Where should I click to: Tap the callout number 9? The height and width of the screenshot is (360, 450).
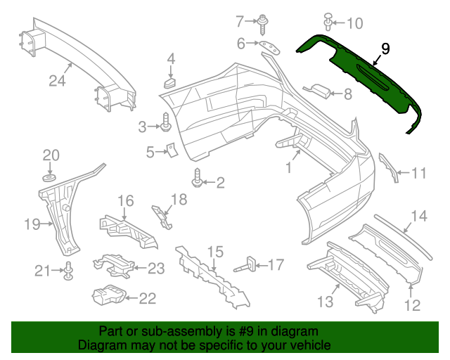(x=385, y=49)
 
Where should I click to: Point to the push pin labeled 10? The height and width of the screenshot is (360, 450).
(x=328, y=22)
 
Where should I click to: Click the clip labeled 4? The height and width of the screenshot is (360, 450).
(x=170, y=83)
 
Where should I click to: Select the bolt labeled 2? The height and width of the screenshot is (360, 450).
(x=198, y=181)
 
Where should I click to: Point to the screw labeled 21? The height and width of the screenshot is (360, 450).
(x=70, y=271)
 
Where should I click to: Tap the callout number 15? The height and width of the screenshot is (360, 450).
(x=214, y=251)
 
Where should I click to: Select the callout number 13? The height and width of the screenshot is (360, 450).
(x=324, y=302)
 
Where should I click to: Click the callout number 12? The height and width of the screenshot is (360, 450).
(x=412, y=305)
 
